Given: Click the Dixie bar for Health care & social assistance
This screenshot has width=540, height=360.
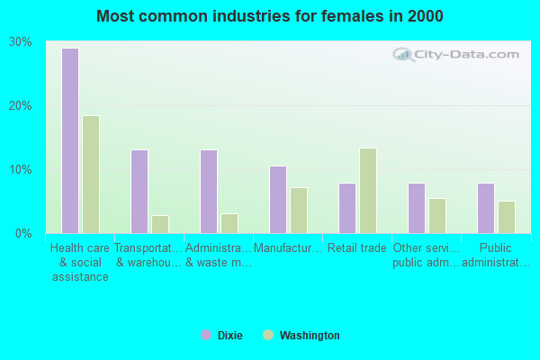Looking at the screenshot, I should pos(69,140).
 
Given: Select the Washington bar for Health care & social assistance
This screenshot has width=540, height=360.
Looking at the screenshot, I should pos(91,175).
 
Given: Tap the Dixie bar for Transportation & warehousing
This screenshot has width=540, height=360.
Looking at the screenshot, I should pos(139,192).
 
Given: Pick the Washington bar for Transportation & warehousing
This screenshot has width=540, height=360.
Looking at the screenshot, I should pos(160,224).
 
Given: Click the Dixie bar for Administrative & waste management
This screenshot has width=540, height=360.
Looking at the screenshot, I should pos(209,192).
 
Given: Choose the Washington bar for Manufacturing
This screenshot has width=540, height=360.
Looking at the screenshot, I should pos(299,211).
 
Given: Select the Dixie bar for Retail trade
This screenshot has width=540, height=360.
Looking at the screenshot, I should pos(347,208).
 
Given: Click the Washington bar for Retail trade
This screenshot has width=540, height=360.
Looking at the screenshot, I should pos(368,191).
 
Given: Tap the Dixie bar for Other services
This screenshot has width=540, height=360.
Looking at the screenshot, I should pos(417,208).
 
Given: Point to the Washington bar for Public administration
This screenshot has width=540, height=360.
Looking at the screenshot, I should pos(507,217).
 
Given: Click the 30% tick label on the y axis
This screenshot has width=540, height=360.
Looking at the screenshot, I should pos(21,42).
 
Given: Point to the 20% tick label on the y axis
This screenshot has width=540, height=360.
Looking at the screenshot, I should pos(21,106).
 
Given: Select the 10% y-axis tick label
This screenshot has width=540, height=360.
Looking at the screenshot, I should pos(21,170).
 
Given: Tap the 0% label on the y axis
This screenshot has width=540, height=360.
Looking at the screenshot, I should pos(23,234).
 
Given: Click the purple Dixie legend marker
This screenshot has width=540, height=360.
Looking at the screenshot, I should pos(206,336).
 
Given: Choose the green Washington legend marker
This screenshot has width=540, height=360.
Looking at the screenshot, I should pos(268,336).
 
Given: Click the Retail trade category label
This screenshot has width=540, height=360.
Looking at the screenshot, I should pos(357,248).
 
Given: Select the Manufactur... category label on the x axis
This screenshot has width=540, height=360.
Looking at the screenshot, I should pos(288,248).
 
